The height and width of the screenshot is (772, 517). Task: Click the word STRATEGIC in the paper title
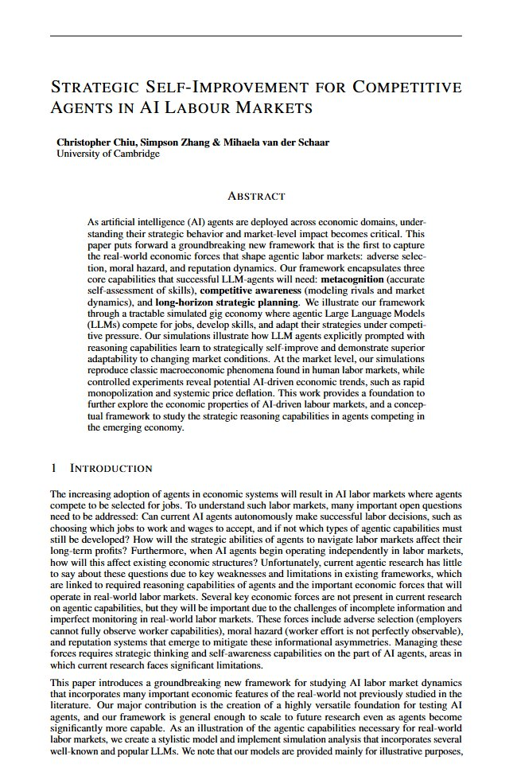click(99, 87)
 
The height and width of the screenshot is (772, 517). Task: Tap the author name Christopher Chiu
click(94, 142)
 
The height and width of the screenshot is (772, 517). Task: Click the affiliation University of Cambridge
click(108, 154)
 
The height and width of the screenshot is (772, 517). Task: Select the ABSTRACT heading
click(256, 196)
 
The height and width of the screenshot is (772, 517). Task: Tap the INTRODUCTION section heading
click(111, 468)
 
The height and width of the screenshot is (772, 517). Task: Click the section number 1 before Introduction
click(53, 468)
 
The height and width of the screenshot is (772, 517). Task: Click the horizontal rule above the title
click(255, 36)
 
